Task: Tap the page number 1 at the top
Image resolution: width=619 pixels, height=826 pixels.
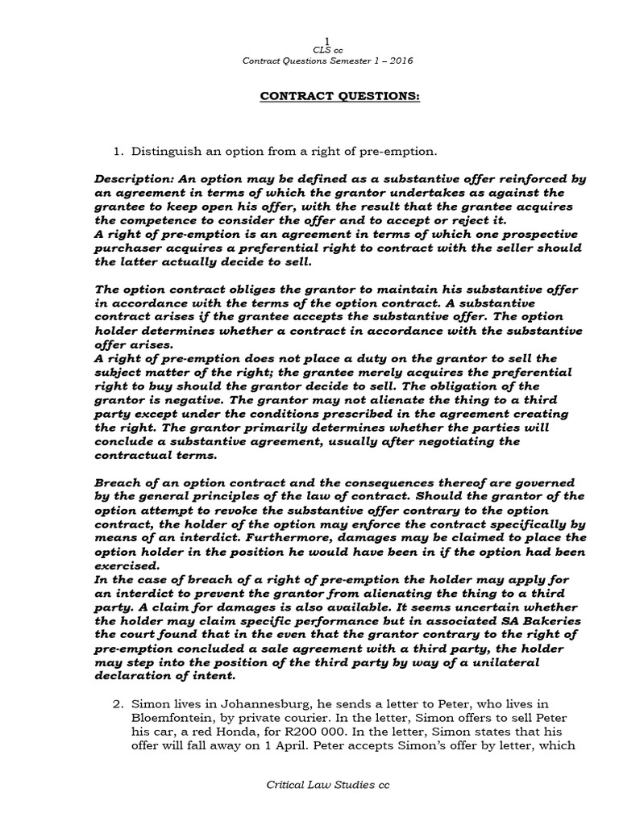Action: (326, 40)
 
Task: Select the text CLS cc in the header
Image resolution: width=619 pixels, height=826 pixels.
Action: (326, 50)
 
